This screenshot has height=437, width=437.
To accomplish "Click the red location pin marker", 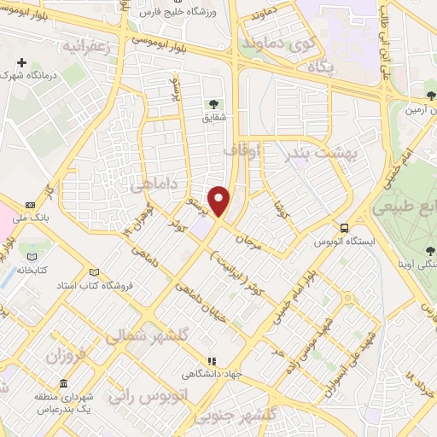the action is coord(219,201).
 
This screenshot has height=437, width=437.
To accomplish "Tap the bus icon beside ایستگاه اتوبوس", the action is coord(345,228).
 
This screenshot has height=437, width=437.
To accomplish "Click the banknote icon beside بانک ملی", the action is coord(31,205).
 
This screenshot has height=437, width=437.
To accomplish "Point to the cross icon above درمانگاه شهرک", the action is coord(22,62).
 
